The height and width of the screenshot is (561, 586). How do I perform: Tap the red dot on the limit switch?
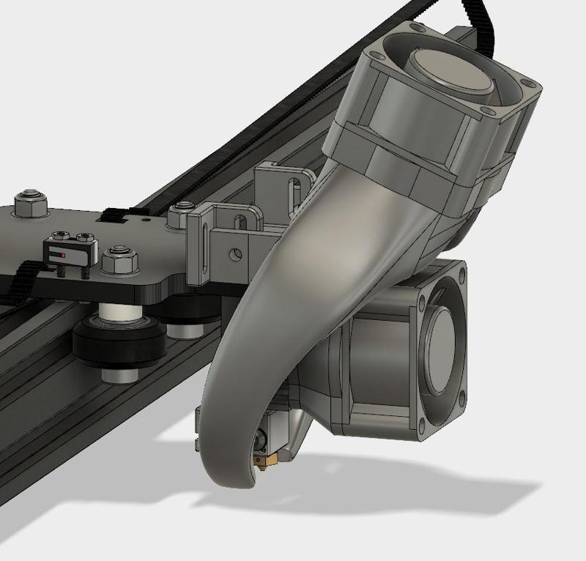click(64, 255)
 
